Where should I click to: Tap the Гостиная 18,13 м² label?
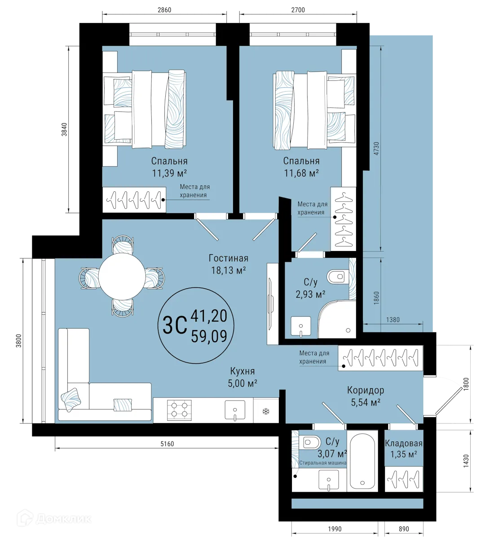click(x=228, y=264)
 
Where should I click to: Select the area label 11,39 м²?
click(x=169, y=173)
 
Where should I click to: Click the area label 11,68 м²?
click(x=301, y=173)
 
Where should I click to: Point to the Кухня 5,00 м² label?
click(x=243, y=377)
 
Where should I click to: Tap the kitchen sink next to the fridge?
click(x=235, y=410)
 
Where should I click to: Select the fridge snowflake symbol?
click(x=265, y=411)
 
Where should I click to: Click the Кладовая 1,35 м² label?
click(x=403, y=449)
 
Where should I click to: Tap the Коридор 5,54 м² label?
click(x=366, y=396)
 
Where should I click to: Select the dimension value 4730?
click(x=376, y=149)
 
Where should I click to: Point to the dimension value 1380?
click(x=393, y=320)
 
